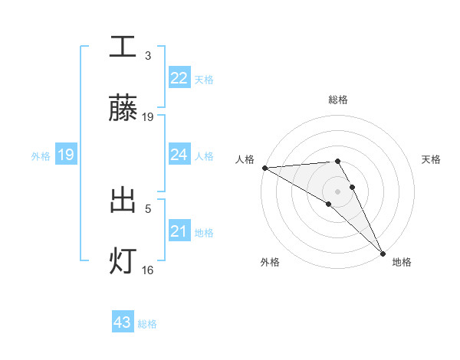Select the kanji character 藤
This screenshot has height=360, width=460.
pos(123,109)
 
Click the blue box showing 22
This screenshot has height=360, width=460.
pos(179,78)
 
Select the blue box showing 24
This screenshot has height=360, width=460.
pos(179,155)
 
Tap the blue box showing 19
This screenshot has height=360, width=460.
pos(65,155)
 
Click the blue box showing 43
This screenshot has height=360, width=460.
pos(122,323)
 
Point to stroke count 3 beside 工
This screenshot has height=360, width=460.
pos(148,55)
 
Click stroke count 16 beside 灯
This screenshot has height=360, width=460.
pos(148,270)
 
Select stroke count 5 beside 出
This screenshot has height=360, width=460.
pos(148,208)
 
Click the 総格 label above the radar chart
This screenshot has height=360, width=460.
pos(338,100)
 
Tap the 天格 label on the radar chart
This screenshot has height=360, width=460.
pos(431,159)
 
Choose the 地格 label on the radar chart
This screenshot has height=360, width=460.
pos(402,262)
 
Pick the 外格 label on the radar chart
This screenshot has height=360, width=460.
pos(270,262)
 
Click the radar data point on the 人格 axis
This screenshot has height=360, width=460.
pos(264,167)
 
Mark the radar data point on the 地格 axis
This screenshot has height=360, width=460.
pos(383,252)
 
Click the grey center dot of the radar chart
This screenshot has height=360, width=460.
pos(338,191)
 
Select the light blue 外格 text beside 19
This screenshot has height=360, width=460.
pos(41,156)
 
